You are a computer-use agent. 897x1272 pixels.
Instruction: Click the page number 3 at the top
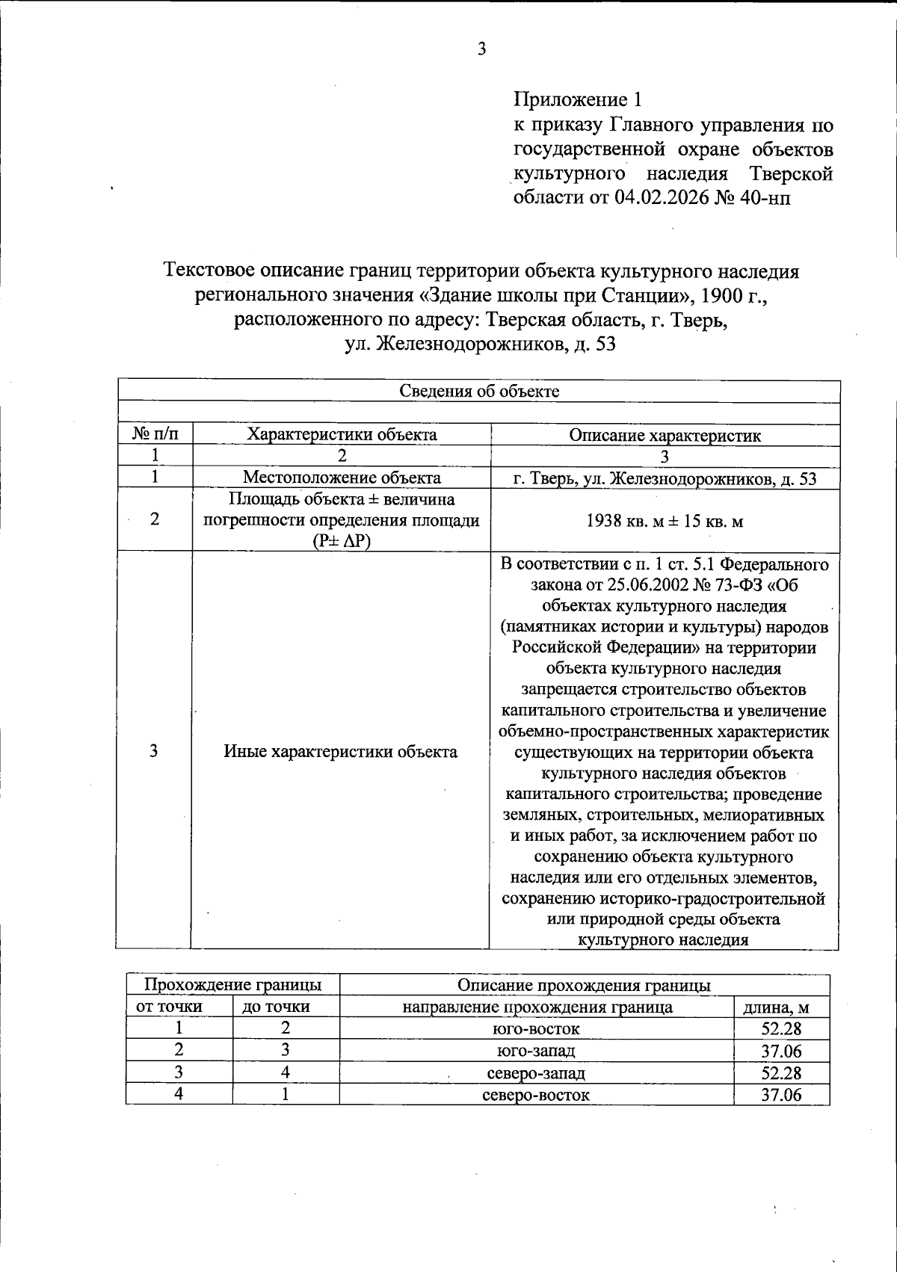coord(482,50)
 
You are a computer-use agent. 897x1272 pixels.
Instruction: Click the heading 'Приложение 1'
coord(577,99)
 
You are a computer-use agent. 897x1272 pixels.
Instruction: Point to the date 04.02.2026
coord(667,197)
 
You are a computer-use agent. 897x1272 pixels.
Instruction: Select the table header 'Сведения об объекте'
coord(479,391)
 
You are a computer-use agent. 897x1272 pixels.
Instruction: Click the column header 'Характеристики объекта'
coord(342,434)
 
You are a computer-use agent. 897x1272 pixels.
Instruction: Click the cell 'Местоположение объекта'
coord(342,478)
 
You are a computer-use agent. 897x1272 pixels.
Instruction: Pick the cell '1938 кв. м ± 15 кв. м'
coord(665,521)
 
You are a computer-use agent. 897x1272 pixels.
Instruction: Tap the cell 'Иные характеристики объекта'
coord(341,752)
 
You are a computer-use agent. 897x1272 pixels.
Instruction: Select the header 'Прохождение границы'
coord(232,985)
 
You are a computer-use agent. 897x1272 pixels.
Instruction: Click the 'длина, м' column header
coord(781,1007)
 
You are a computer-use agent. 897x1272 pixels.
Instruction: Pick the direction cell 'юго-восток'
coord(536,1029)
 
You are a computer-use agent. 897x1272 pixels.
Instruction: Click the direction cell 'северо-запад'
coord(536,1073)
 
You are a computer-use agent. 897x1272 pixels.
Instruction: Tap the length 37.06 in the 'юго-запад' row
coord(781,1052)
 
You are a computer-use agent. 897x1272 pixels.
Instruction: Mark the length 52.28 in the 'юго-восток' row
coord(781,1029)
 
